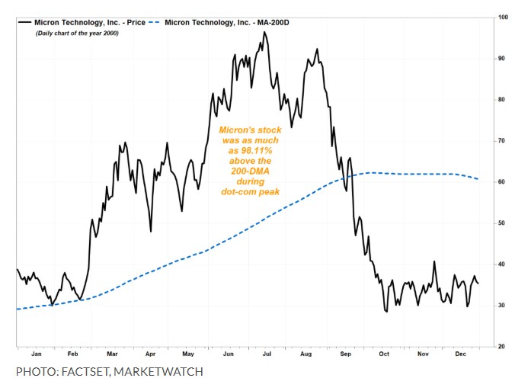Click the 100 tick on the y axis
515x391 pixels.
pos(503,17)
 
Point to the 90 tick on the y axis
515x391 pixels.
pos(503,58)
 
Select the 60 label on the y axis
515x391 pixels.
pos(503,182)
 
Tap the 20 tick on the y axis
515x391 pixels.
pos(503,347)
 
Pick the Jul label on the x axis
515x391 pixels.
pos(267,354)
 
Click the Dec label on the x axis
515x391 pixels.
pos(461,354)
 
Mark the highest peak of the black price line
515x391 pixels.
pos(264,32)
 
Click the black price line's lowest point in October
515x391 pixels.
pos(386,311)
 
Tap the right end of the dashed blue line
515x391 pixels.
pos(478,179)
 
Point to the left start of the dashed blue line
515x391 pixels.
pos(18,309)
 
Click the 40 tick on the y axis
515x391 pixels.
pos(503,264)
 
